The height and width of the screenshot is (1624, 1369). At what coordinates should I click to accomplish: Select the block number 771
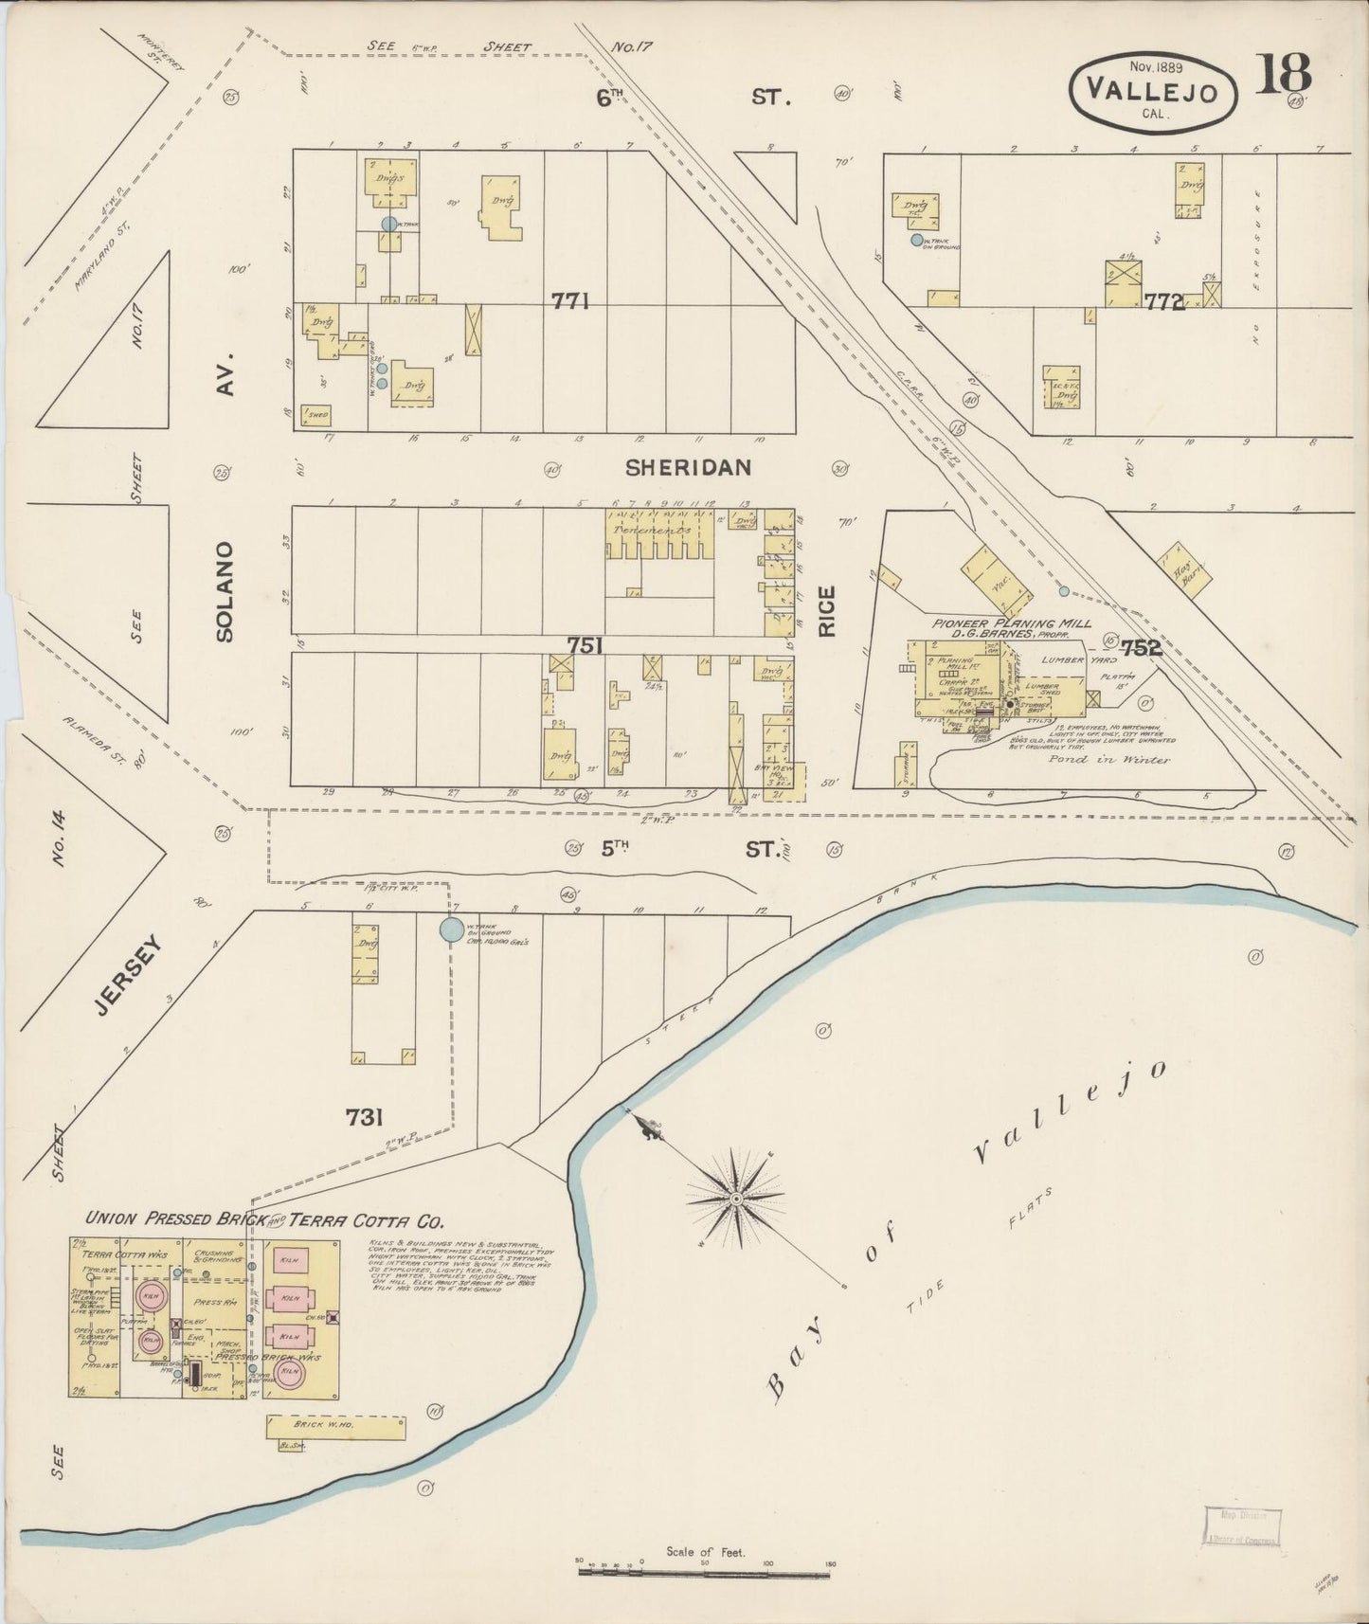click(x=571, y=301)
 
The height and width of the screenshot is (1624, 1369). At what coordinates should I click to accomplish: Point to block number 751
click(x=585, y=645)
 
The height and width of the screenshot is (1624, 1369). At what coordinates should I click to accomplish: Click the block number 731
click(x=364, y=1118)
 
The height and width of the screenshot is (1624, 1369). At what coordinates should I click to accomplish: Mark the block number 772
click(x=1165, y=302)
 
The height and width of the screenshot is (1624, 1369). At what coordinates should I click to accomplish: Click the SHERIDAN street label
click(x=688, y=467)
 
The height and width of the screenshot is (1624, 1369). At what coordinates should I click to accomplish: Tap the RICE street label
click(x=826, y=611)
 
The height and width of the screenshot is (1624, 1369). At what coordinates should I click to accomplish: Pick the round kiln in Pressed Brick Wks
click(x=290, y=1372)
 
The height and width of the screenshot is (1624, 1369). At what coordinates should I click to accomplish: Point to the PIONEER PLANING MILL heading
click(x=1011, y=623)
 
